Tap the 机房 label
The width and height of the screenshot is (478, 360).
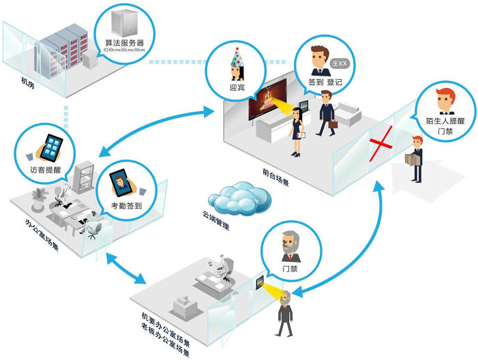click(27, 84)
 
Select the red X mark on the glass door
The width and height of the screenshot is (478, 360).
click(384, 145)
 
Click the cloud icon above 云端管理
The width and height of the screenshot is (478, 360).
click(235, 198)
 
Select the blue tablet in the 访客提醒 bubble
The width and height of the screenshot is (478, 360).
click(50, 146)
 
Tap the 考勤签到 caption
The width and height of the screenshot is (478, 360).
click(128, 202)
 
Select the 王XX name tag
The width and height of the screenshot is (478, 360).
click(339, 63)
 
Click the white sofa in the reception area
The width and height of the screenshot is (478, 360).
click(349, 112)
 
